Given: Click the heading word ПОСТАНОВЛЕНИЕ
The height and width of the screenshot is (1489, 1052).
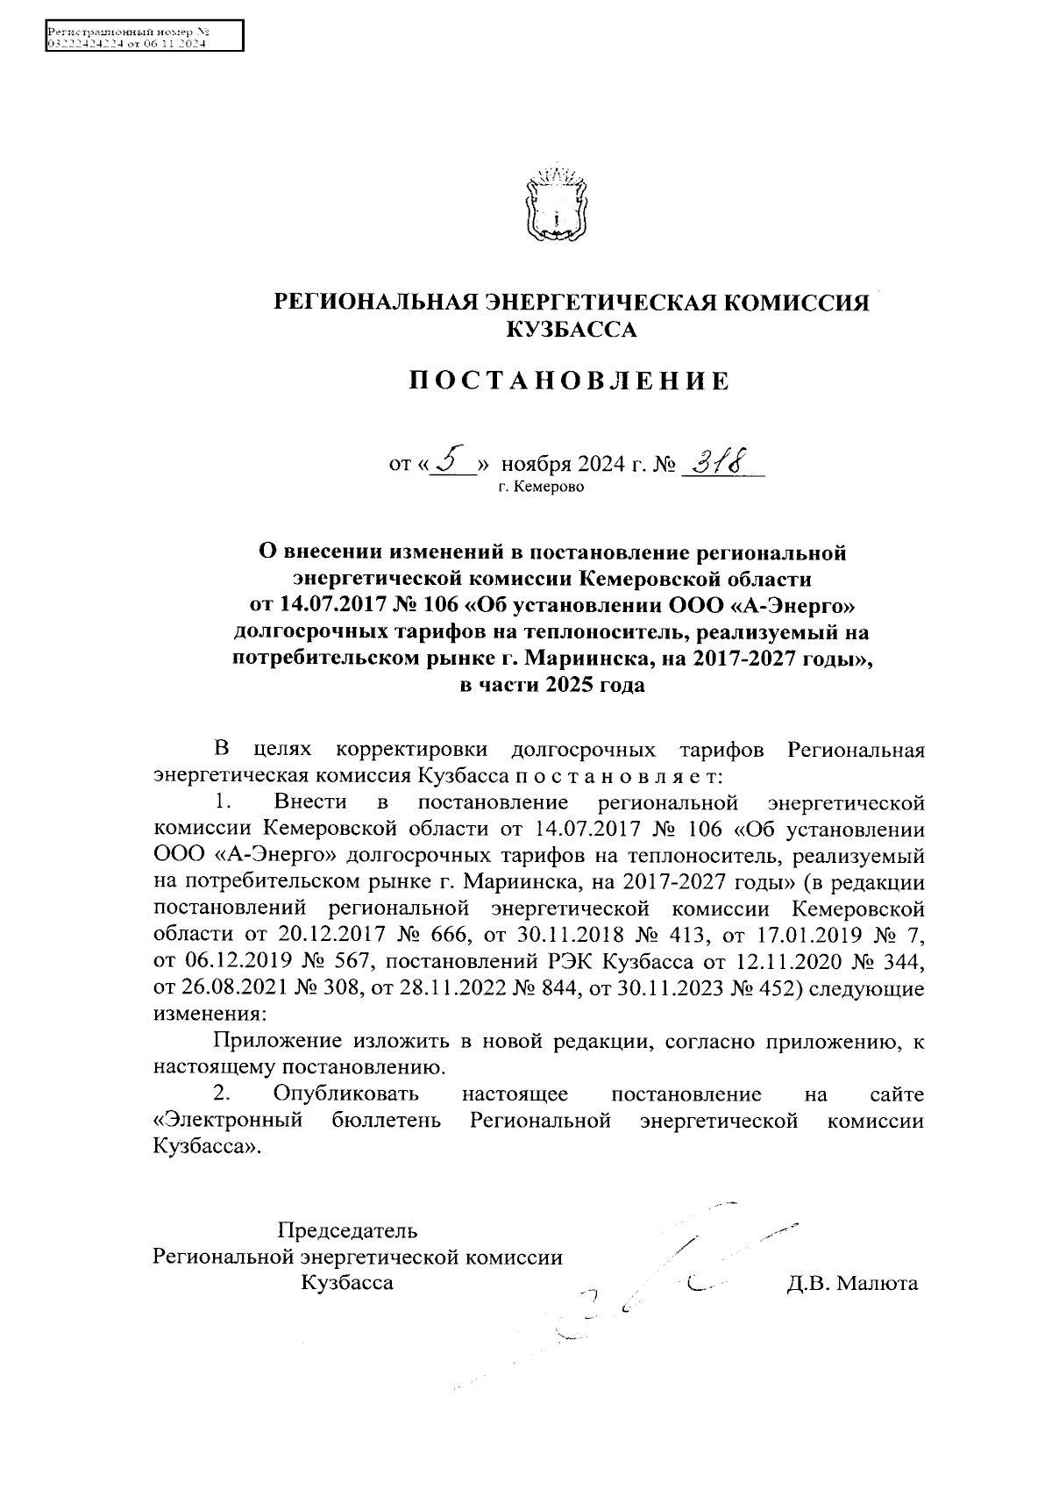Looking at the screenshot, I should click(570, 381).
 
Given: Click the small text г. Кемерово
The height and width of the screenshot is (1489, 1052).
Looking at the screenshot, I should click(541, 486).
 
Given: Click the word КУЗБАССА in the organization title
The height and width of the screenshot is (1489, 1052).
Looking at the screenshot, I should click(572, 330).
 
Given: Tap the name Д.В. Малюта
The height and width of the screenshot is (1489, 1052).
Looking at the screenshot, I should click(852, 1284).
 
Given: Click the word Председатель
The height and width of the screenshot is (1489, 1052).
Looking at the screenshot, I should click(348, 1229).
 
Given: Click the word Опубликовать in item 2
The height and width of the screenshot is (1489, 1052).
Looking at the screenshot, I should click(345, 1094).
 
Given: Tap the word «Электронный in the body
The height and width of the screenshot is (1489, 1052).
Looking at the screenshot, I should click(228, 1120).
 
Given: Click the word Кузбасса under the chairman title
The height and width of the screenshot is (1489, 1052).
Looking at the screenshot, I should click(347, 1283).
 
